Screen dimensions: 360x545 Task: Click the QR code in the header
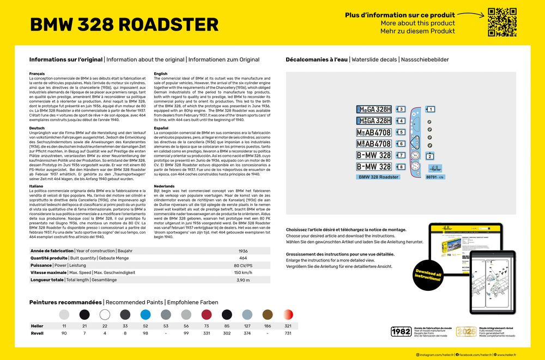pyautogui.click(x=502, y=22)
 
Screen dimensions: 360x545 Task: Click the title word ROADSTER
pyautogui.click(x=168, y=25)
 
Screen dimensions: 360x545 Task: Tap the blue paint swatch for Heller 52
pyautogui.click(x=145, y=314)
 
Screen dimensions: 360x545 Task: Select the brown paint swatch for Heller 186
pyautogui.click(x=267, y=314)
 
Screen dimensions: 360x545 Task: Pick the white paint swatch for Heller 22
pyautogui.click(x=105, y=314)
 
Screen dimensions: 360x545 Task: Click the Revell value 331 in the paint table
pyautogui.click(x=207, y=333)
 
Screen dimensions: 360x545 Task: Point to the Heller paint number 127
pyautogui.click(x=247, y=325)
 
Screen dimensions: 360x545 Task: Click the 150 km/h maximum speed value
pyautogui.click(x=243, y=272)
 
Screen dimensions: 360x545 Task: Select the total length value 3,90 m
pyautogui.click(x=243, y=280)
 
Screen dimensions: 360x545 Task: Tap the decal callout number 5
pyautogui.click(x=401, y=132)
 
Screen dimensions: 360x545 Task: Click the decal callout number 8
pyautogui.click(x=401, y=167)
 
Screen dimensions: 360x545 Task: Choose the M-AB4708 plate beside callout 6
pyautogui.click(x=374, y=144)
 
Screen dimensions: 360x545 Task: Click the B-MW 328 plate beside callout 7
pyautogui.click(x=374, y=155)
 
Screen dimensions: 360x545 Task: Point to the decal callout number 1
pyautogui.click(x=431, y=109)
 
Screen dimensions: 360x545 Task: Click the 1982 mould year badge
pyautogui.click(x=401, y=331)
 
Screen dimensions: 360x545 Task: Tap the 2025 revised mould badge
pyautogui.click(x=466, y=331)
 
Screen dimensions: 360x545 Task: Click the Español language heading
pyautogui.click(x=161, y=128)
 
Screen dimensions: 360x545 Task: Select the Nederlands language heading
pyautogui.click(x=164, y=186)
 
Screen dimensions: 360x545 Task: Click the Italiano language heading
pyautogui.click(x=37, y=186)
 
